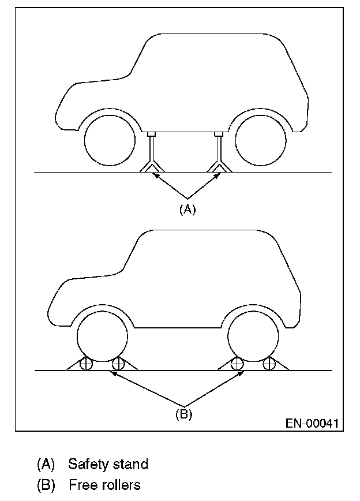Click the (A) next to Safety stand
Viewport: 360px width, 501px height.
(46, 464)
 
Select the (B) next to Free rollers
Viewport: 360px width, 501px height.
(46, 485)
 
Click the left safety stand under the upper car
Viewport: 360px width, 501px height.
(152, 153)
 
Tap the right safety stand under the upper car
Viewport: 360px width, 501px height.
(219, 153)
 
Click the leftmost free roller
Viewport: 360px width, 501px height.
(86, 364)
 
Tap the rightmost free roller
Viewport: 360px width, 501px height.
(269, 364)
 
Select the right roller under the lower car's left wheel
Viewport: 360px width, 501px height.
(118, 364)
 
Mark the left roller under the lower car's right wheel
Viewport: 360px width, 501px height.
(237, 364)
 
